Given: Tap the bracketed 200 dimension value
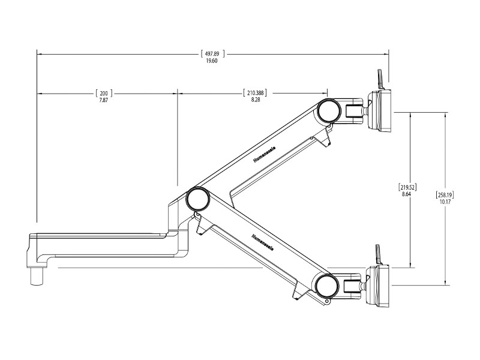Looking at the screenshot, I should [104, 93].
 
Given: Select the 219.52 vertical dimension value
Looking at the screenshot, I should [408, 187].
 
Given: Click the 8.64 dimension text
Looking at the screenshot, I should [408, 194].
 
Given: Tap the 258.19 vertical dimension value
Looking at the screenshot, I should [444, 194].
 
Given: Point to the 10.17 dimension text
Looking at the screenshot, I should [444, 202].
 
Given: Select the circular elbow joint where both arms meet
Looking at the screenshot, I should [197, 198].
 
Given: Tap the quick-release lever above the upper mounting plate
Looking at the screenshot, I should [379, 78].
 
